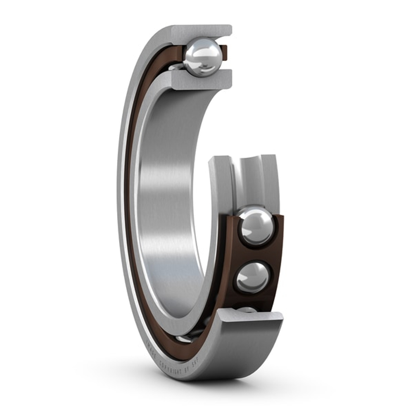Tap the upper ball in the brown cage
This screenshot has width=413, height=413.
[256, 226]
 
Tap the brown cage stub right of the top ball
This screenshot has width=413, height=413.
[224, 53]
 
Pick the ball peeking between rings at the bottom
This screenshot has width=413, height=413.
[184, 339]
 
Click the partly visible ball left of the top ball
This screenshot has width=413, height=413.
[176, 66]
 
